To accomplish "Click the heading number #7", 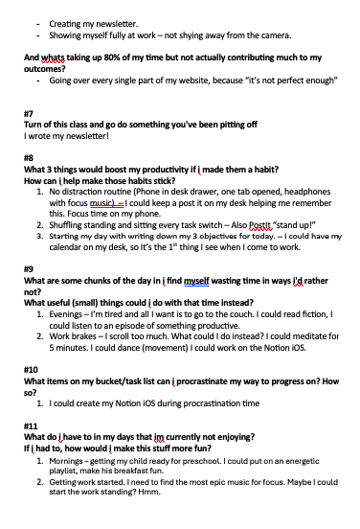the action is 28,113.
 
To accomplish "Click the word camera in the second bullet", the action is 271,35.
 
